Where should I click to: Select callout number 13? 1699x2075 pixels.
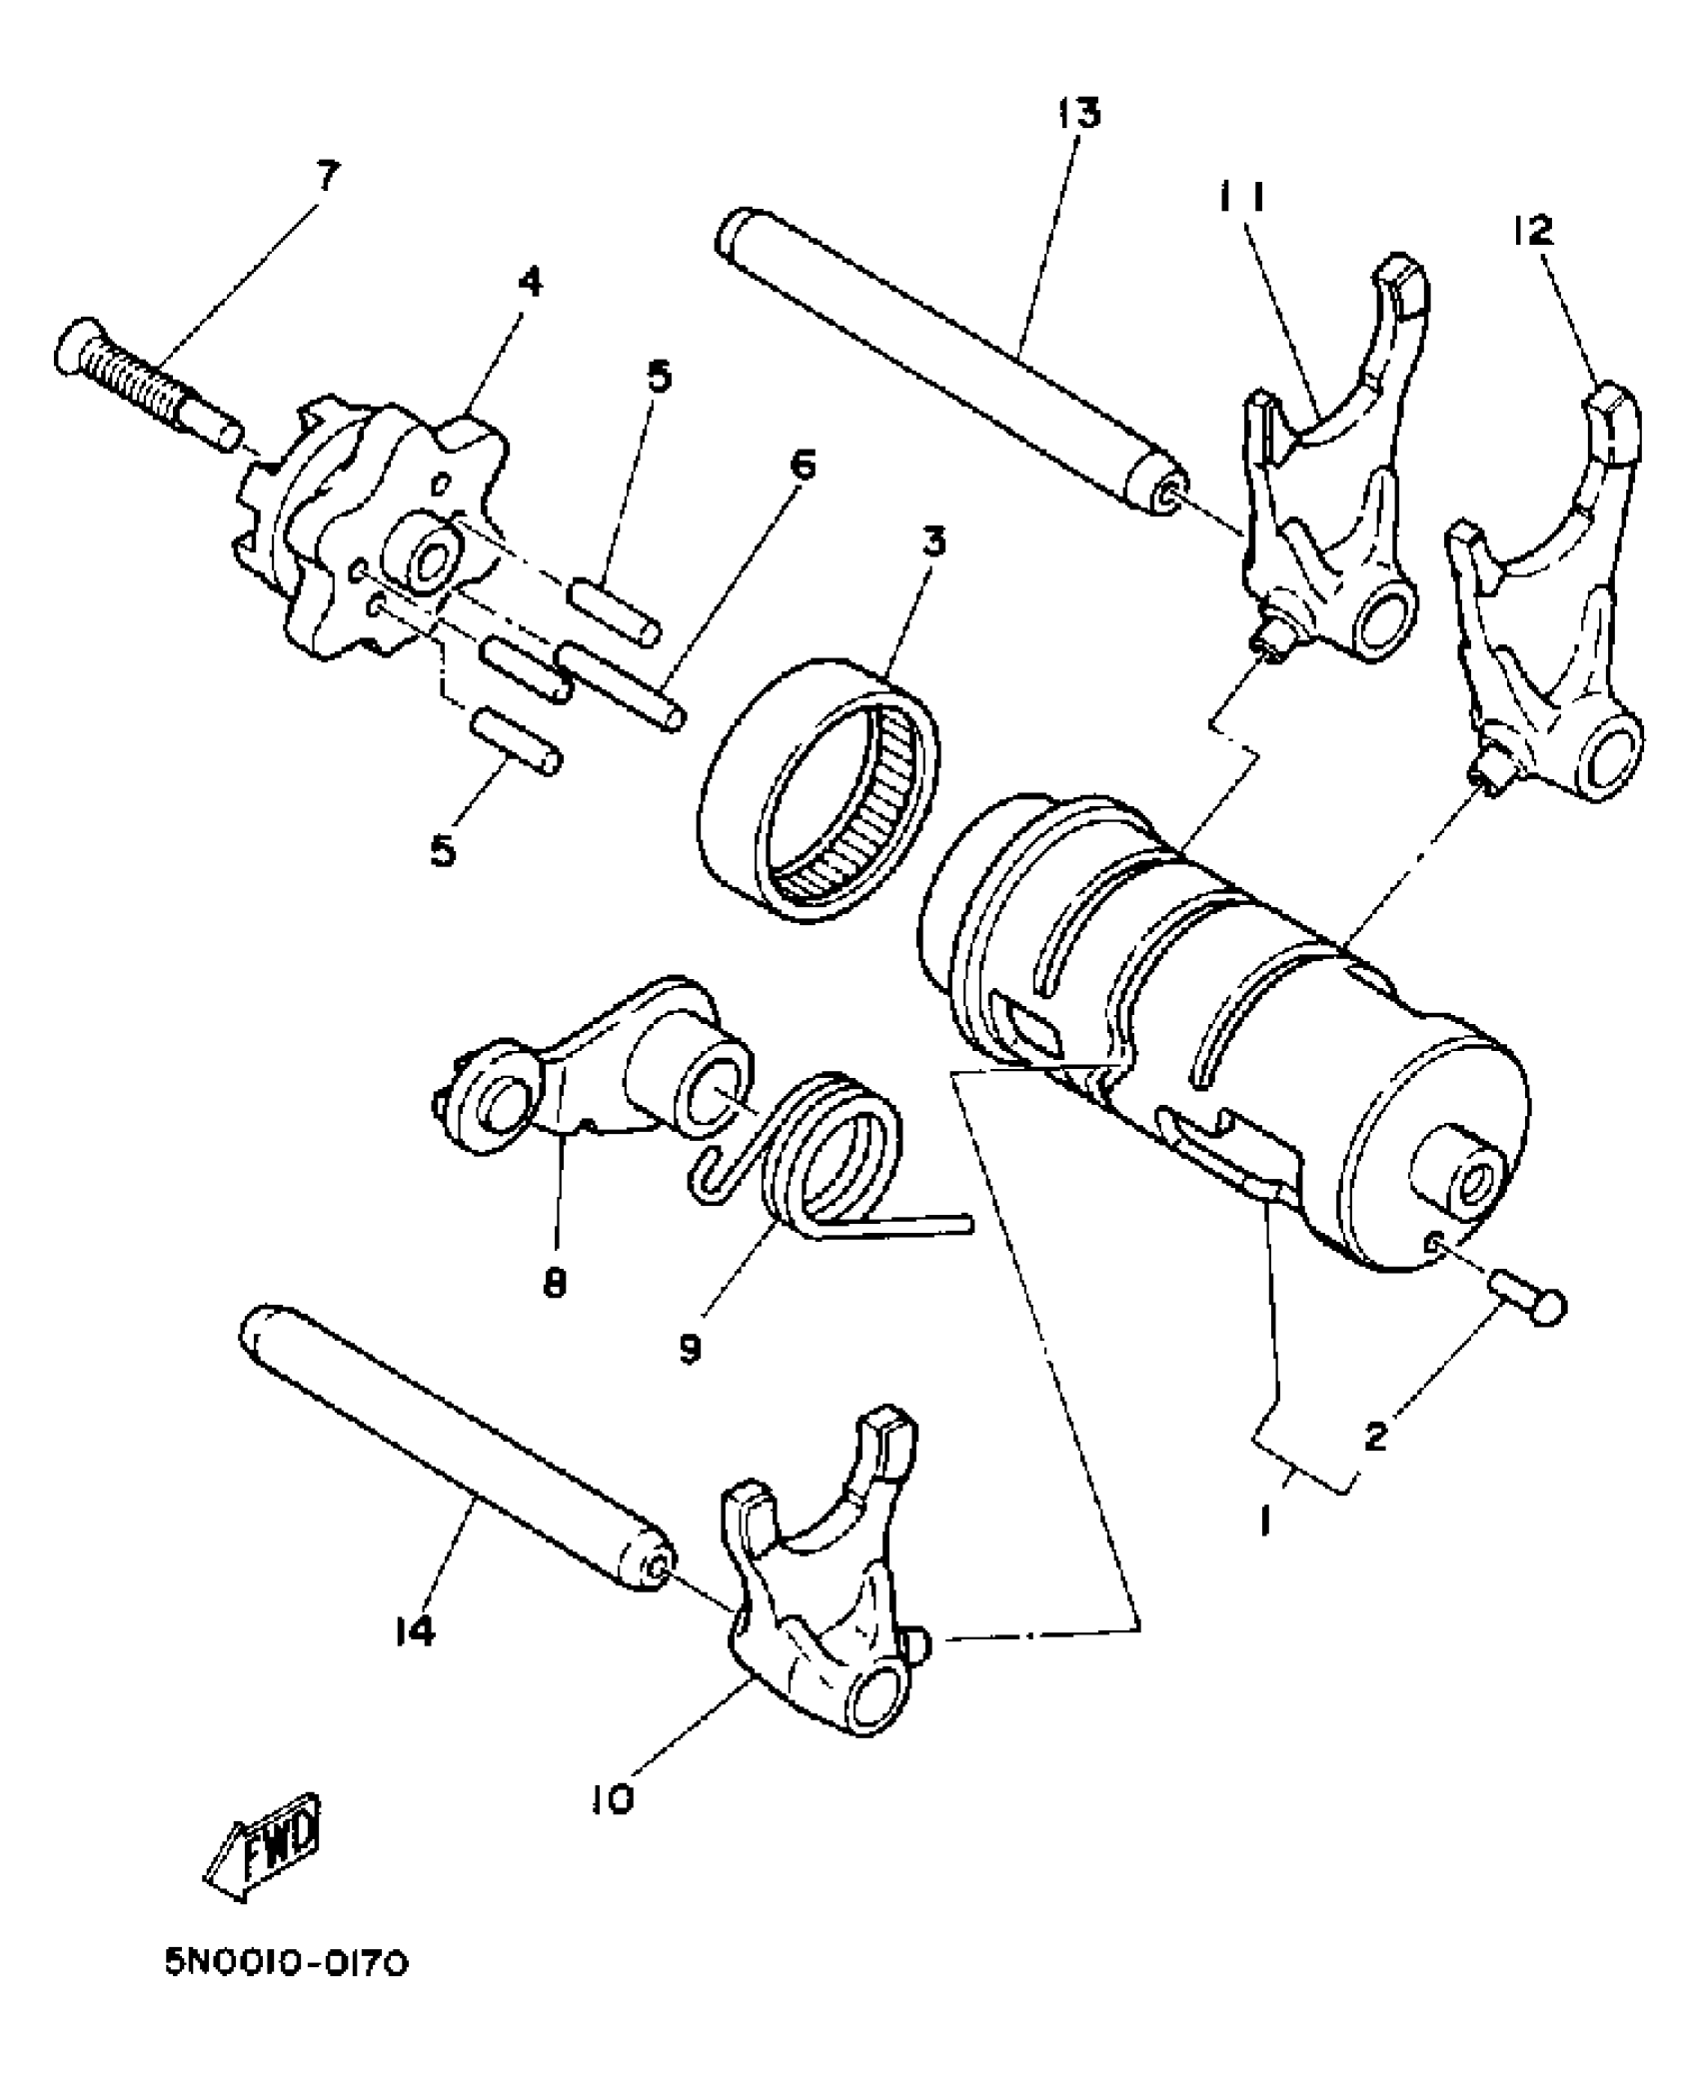click(1078, 112)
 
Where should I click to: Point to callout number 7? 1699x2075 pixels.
click(327, 177)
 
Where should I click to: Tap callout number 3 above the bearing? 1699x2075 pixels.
click(934, 543)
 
